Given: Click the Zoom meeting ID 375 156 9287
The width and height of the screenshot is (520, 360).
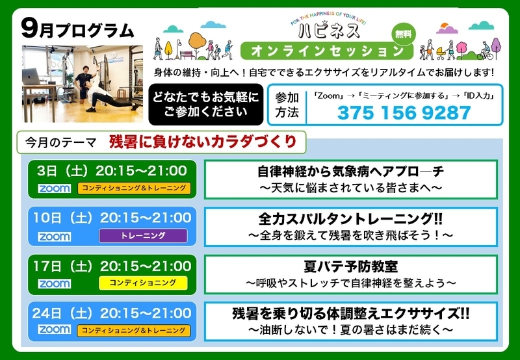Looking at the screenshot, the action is pyautogui.click(x=404, y=112).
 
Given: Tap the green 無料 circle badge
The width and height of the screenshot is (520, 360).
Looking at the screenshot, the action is pyautogui.click(x=404, y=34).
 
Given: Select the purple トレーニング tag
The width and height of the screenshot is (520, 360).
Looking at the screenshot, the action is pyautogui.click(x=143, y=236).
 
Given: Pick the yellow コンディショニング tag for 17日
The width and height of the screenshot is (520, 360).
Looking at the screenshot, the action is pyautogui.click(x=143, y=283).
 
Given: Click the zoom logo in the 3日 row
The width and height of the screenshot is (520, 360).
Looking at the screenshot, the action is pyautogui.click(x=54, y=188).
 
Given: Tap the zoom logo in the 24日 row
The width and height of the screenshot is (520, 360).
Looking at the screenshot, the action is pyautogui.click(x=54, y=329).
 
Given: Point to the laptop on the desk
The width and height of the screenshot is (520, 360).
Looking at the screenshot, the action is pyautogui.click(x=31, y=76).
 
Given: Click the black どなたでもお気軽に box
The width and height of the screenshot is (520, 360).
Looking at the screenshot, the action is pyautogui.click(x=206, y=105).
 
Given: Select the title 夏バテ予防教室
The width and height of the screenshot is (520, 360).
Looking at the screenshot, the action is pyautogui.click(x=350, y=266).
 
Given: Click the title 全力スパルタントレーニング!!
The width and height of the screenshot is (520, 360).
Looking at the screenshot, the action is pyautogui.click(x=350, y=219).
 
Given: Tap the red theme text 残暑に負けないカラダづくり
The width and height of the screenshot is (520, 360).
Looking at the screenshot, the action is pyautogui.click(x=203, y=142).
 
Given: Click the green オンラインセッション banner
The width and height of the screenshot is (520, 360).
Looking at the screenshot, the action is pyautogui.click(x=327, y=51).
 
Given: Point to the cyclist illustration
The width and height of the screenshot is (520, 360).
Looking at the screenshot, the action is pyautogui.click(x=485, y=51).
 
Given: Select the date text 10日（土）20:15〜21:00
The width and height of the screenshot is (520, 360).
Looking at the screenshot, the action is pyautogui.click(x=112, y=218).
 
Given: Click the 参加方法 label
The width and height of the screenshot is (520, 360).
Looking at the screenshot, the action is pyautogui.click(x=287, y=105).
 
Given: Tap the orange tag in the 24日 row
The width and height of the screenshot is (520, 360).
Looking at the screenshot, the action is pyautogui.click(x=134, y=331).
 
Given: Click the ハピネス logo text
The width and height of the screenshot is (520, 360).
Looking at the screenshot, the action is pyautogui.click(x=329, y=31).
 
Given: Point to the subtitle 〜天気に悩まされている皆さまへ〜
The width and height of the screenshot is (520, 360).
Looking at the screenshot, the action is pyautogui.click(x=350, y=188).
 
